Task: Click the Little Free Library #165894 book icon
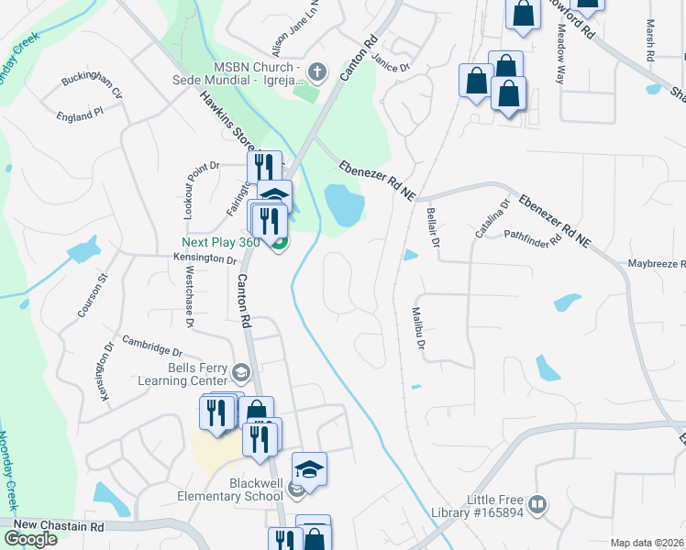click(537, 503)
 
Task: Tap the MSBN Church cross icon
click(317, 71)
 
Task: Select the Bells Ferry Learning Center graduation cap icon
click(241, 371)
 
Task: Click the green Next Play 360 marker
click(279, 242)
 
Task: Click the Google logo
click(29, 538)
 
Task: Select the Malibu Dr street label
click(419, 328)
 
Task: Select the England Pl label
click(79, 116)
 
